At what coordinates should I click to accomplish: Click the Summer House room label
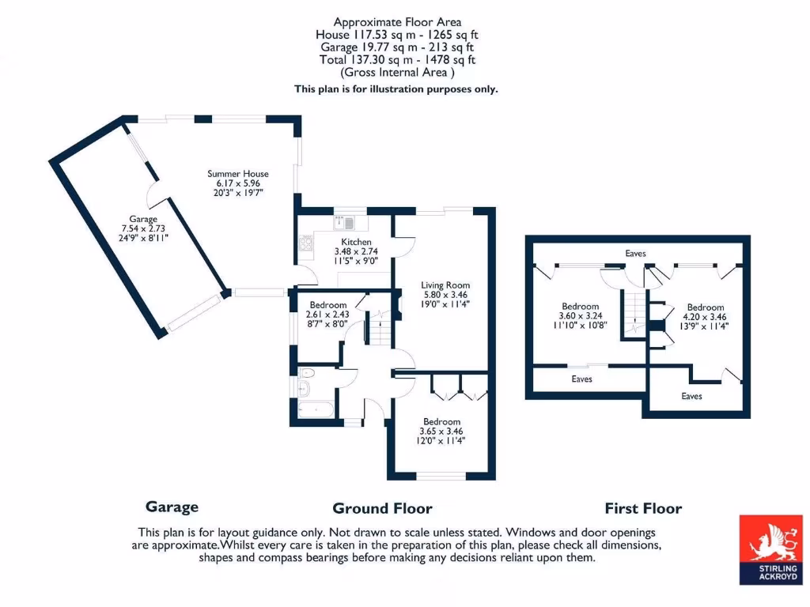pos(237,174)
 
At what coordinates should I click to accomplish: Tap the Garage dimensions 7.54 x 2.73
pos(143,228)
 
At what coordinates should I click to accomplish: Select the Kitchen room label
pos(356,242)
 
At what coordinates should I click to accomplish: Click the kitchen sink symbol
pos(344,222)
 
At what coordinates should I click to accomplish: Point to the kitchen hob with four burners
pos(306,243)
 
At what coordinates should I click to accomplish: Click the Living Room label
pos(445,285)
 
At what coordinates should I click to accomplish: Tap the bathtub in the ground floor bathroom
pos(316,410)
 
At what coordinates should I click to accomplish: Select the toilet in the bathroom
pos(307,373)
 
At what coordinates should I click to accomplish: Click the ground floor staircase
pos(380,327)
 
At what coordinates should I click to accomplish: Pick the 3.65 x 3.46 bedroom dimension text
pos(441,431)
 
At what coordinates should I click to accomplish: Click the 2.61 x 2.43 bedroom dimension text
pos(327,315)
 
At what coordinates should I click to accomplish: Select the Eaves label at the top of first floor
pos(635,254)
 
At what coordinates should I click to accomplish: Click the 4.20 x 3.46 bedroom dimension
pos(705,317)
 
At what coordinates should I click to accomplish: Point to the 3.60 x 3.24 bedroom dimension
pos(580,316)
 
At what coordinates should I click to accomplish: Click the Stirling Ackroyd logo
pos(770,550)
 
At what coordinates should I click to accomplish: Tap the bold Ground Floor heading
pos(382,508)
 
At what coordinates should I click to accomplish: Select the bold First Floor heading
pos(643,508)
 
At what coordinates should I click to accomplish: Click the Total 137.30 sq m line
pos(397,60)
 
